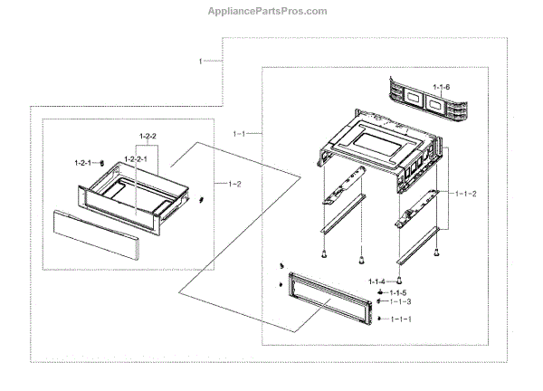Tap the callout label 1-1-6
441,87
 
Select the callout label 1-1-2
465,193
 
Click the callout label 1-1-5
399,293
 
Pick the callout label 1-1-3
400,302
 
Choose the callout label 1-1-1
399,319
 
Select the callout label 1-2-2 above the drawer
148,136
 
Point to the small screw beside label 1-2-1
103,163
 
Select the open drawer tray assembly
136,199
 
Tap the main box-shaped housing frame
376,145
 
